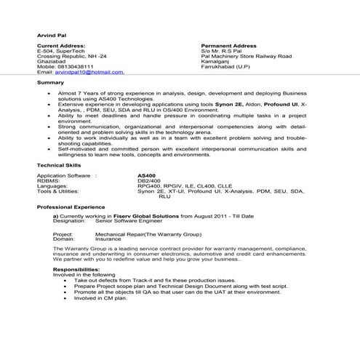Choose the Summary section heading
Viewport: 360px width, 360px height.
tap(50, 83)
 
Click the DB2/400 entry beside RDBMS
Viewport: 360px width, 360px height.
tap(148, 181)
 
